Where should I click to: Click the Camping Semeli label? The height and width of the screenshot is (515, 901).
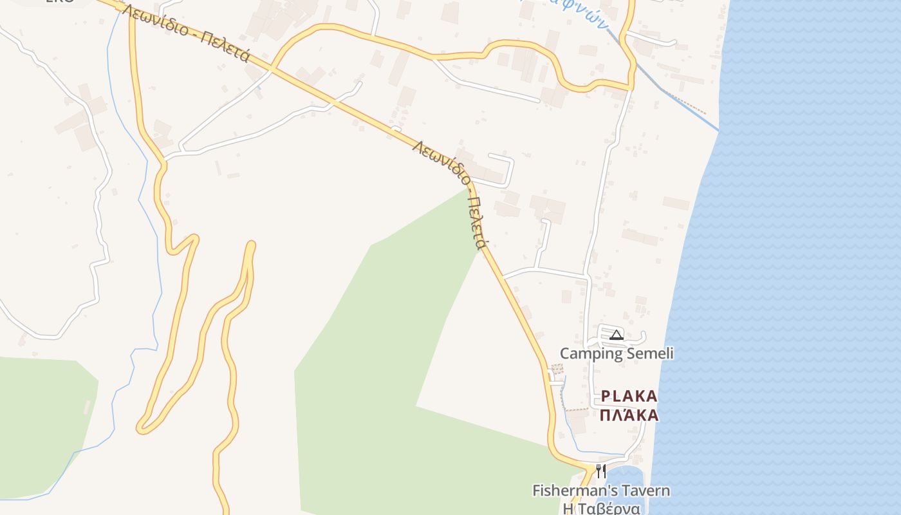click(x=617, y=353)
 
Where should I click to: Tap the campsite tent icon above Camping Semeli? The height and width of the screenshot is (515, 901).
click(x=617, y=335)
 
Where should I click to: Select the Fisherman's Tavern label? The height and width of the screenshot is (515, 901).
click(x=601, y=491)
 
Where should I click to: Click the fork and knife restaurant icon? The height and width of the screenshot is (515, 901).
click(x=600, y=471)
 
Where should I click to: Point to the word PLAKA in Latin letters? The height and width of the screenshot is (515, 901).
click(x=629, y=397)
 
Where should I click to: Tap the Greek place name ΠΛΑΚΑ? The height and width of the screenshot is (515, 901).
click(x=629, y=415)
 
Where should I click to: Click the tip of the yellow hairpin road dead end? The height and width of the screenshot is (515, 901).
click(x=251, y=245)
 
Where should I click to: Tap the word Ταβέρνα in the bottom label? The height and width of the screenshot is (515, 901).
click(x=609, y=509)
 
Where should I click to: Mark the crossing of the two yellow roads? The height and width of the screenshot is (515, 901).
click(x=273, y=67)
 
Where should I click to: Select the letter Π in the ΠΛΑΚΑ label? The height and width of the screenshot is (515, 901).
click(x=606, y=415)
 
